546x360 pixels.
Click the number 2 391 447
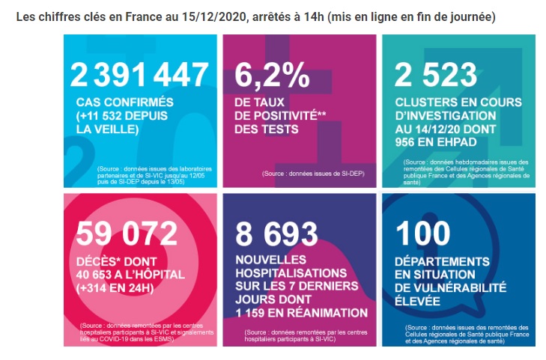pos(139,75)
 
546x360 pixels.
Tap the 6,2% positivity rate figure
pos(272,75)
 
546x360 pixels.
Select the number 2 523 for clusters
pos(436,75)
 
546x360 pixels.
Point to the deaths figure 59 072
pos(127,234)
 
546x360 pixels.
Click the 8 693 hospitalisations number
pos(277,234)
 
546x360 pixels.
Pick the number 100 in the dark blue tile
pos(422,234)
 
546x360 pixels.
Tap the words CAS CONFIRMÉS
pos(124,103)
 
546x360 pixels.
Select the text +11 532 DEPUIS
pos(122,116)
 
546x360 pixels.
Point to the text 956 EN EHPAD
pos(436,142)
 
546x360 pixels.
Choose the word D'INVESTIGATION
pos(446,115)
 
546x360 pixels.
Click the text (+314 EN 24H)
pos(115,288)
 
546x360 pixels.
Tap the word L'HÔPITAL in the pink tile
pos(154,275)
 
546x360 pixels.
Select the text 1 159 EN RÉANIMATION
pos(302,313)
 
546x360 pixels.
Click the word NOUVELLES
pos(271,260)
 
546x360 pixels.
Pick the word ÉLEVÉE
pos(417,301)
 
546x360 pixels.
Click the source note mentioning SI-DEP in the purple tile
pos(313,173)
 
